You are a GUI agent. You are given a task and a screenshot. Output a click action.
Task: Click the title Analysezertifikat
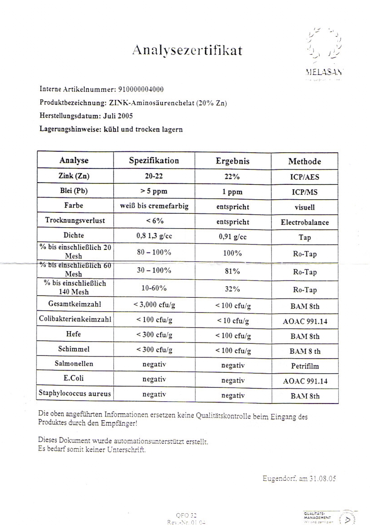pyautogui.click(x=187, y=50)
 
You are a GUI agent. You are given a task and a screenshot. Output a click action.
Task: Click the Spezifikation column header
pyautogui.click(x=154, y=161)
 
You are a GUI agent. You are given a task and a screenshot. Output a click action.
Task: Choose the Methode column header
pyautogui.click(x=305, y=161)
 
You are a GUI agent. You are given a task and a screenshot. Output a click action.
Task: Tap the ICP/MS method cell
pyautogui.click(x=305, y=192)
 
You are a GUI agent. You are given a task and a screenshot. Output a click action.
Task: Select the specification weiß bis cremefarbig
pyautogui.click(x=154, y=207)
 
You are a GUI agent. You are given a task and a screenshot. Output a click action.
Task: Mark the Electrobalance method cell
pyautogui.click(x=305, y=222)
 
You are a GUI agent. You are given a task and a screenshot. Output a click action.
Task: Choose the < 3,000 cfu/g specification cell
pyautogui.click(x=154, y=305)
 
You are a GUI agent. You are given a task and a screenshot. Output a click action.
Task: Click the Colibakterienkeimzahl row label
pyautogui.click(x=74, y=320)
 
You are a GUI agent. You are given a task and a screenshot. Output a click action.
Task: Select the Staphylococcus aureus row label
pyautogui.click(x=74, y=394)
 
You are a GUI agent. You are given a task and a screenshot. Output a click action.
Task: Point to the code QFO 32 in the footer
pyautogui.click(x=186, y=514)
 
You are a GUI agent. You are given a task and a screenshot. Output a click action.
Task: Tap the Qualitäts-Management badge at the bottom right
pyautogui.click(x=330, y=517)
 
